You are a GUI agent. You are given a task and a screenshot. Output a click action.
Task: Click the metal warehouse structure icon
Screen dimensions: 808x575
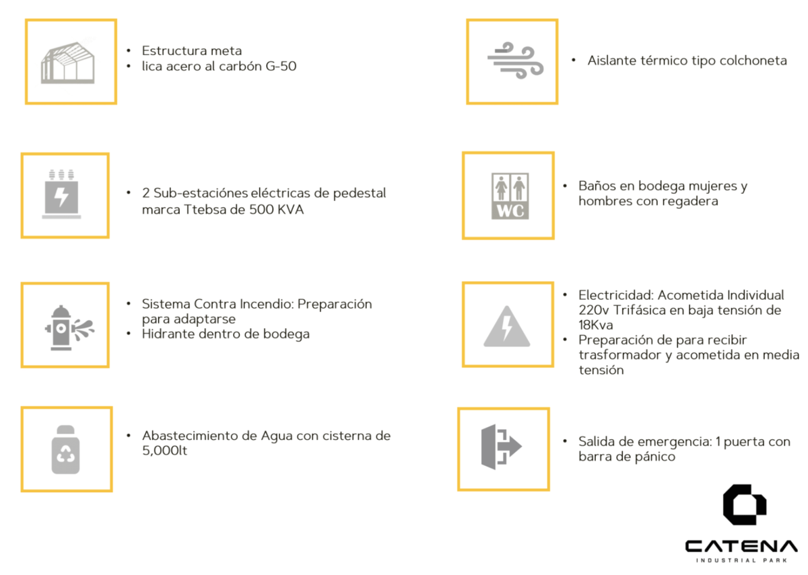click(68, 63)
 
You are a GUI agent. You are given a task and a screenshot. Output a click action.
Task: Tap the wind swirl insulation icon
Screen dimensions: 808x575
click(516, 60)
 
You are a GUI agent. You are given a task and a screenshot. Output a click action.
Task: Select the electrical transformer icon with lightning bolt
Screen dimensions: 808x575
click(61, 194)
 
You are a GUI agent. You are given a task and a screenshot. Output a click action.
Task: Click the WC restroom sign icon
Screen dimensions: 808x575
click(510, 196)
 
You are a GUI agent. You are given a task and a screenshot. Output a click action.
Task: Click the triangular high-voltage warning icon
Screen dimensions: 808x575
click(507, 326)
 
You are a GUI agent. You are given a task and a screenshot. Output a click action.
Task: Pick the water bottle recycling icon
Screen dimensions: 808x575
click(66, 450)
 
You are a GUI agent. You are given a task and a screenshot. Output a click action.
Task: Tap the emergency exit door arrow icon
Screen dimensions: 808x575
click(502, 447)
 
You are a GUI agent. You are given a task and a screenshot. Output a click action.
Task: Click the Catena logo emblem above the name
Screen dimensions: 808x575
click(745, 504)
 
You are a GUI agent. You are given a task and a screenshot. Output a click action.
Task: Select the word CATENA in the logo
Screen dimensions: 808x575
click(741, 546)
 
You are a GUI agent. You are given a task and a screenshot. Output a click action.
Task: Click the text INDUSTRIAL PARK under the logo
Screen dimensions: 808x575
click(741, 560)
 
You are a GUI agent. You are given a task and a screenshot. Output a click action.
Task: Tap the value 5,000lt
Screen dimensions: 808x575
click(165, 451)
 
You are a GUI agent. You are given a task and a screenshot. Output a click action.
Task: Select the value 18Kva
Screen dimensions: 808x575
click(596, 325)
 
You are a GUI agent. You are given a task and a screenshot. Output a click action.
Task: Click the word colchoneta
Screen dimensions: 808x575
click(753, 61)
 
